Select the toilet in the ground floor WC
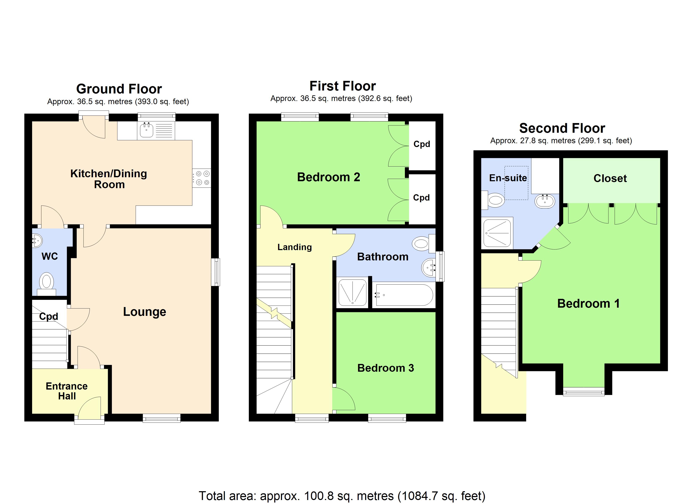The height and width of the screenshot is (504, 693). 46,282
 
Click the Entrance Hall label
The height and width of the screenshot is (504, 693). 67,391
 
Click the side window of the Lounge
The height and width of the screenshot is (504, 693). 216,272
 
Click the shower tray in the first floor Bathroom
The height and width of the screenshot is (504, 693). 352,293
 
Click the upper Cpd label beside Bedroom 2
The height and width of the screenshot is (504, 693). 422,144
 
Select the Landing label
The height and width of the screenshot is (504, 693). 295,247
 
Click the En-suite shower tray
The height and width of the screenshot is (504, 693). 497,233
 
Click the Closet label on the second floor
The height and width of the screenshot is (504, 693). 610,178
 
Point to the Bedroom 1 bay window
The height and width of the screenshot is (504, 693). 584,391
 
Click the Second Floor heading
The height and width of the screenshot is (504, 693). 562,128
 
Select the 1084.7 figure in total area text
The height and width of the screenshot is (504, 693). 419,496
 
